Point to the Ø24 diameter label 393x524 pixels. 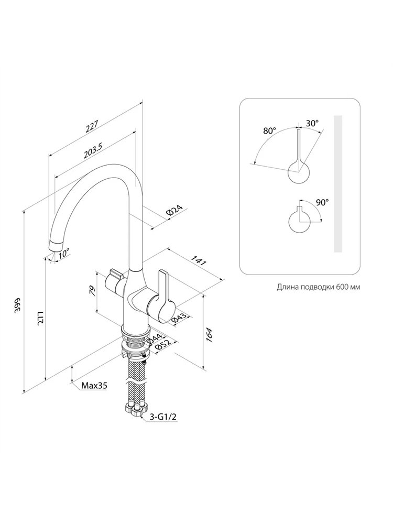(x=174, y=211)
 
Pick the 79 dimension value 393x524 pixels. (x=93, y=291)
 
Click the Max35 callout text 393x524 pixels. (x=94, y=386)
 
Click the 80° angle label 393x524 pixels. (x=270, y=130)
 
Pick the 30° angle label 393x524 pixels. (x=312, y=123)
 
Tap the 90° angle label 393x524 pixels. (x=322, y=202)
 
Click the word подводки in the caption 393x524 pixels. (x=316, y=287)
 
